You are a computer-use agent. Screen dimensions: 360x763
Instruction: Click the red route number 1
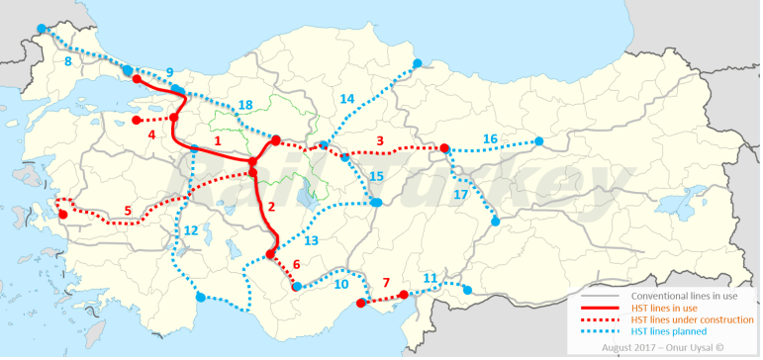coord(218,141)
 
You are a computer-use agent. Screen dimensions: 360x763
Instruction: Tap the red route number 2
coord(269,209)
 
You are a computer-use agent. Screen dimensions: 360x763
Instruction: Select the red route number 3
coord(379,140)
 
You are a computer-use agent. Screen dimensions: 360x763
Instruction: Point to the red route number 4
coord(151,135)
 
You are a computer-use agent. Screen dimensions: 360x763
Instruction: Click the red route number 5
coord(128,210)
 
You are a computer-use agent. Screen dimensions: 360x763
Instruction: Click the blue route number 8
coord(67,62)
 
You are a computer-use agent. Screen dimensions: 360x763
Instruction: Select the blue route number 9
coord(169,72)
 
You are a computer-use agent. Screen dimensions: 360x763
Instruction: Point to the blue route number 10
coord(340,284)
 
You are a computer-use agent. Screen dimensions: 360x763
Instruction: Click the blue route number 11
coord(429,278)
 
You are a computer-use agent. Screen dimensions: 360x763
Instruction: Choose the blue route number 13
coord(310,240)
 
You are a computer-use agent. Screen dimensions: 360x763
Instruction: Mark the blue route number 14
coord(346,99)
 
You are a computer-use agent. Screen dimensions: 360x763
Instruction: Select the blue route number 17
coord(460,195)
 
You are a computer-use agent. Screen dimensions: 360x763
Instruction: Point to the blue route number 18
coord(244,105)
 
